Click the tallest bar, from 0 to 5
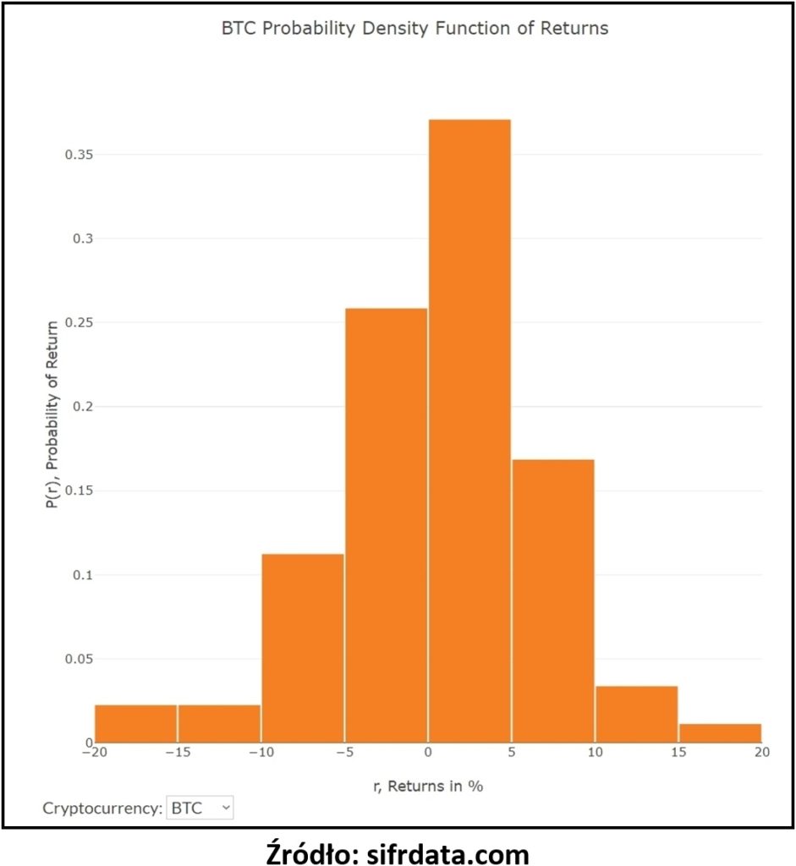[x=469, y=431]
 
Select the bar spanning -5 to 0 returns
[x=387, y=525]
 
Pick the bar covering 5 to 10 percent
[x=552, y=601]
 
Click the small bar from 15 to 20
[x=720, y=733]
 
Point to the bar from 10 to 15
[x=636, y=715]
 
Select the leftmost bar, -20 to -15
[x=135, y=724]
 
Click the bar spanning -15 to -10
[x=219, y=724]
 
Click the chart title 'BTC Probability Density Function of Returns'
[x=414, y=28]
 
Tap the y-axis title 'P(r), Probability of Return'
[x=52, y=414]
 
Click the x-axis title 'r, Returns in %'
[x=428, y=786]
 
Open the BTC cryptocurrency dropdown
[x=200, y=808]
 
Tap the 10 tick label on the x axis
[x=595, y=757]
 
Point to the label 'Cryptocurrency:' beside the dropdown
[x=102, y=808]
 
